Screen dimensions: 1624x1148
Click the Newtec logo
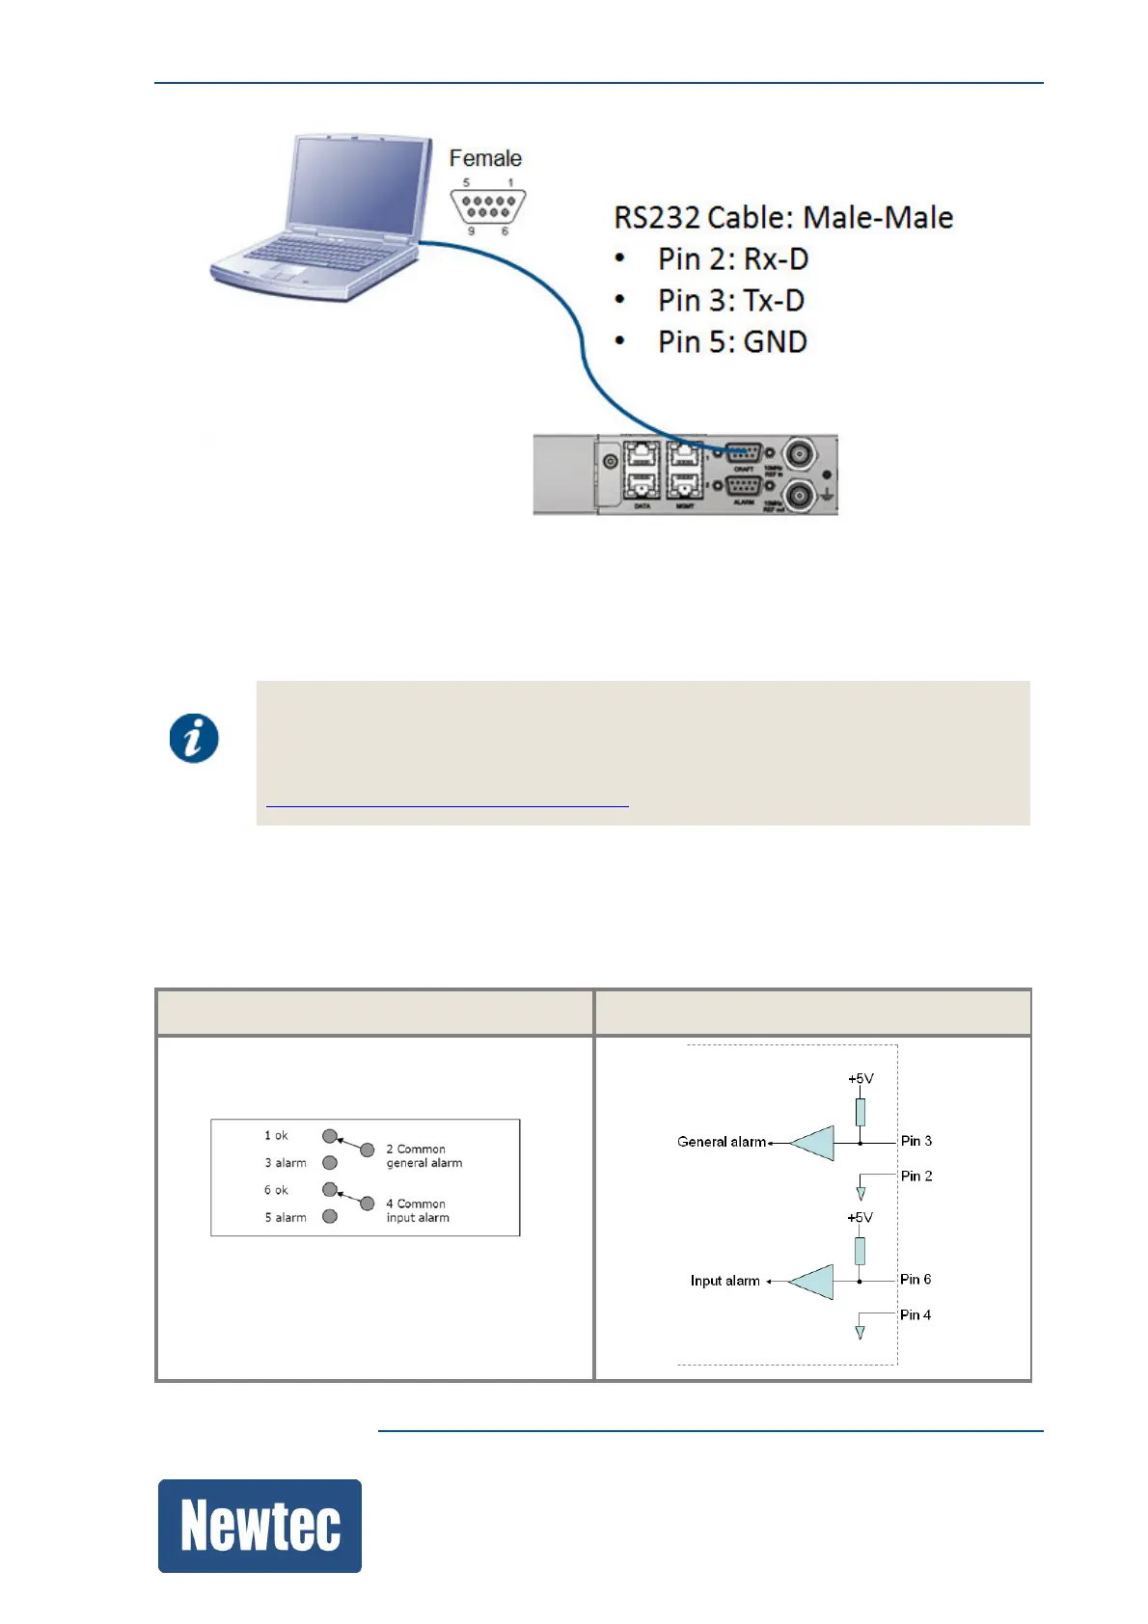(x=260, y=1525)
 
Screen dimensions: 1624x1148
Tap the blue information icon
(x=194, y=739)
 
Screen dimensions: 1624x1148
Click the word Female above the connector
(x=485, y=158)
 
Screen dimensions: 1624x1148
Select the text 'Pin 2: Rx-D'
(x=732, y=259)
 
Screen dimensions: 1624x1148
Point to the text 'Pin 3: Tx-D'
(x=730, y=301)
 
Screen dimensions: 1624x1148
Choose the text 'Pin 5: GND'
(x=732, y=342)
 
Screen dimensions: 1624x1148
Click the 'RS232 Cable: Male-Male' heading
(x=783, y=218)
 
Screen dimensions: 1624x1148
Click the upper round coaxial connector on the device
(x=799, y=453)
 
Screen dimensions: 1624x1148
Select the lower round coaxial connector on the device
(x=799, y=495)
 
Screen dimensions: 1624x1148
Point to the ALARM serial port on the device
(x=743, y=487)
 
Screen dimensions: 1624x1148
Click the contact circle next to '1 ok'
(x=330, y=1136)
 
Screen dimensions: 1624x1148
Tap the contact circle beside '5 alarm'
(x=330, y=1217)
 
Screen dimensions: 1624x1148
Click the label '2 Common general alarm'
(x=424, y=1156)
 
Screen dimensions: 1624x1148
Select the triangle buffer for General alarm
(x=812, y=1143)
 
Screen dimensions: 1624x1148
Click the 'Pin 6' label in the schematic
(x=916, y=1280)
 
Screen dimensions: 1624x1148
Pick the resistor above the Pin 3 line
(x=861, y=1112)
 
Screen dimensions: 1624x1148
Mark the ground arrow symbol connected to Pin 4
(x=860, y=1332)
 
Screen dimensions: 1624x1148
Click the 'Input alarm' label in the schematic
(x=724, y=1281)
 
